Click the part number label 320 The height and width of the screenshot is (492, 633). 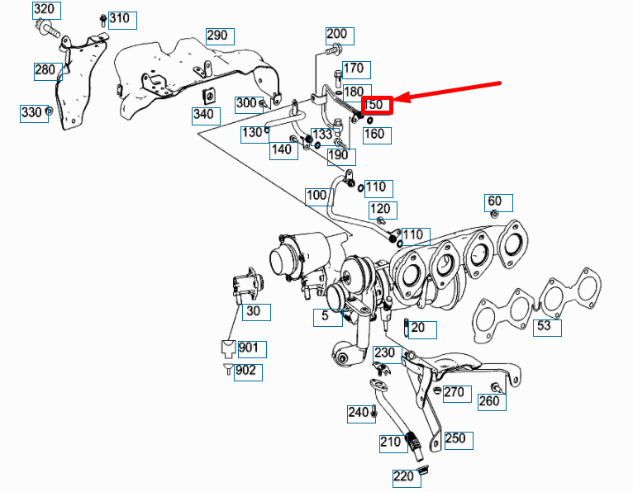click(x=45, y=11)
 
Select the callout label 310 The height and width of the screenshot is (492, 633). click(x=119, y=18)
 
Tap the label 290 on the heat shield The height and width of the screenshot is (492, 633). click(x=217, y=35)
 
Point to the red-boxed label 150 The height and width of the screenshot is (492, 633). click(x=375, y=105)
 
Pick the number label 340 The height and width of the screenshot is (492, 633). click(x=206, y=114)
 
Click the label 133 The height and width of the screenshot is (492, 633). click(x=322, y=134)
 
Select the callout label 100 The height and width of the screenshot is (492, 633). click(x=316, y=196)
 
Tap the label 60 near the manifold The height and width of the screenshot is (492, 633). click(x=495, y=201)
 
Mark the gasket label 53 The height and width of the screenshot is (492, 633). click(x=544, y=326)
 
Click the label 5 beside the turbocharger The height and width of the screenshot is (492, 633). click(x=326, y=315)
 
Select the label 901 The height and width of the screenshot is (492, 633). click(x=248, y=348)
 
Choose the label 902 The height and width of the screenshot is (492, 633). click(x=246, y=371)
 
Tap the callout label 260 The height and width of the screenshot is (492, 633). click(x=489, y=401)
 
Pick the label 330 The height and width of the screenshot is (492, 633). click(x=31, y=112)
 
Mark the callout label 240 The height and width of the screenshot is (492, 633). click(x=359, y=413)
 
